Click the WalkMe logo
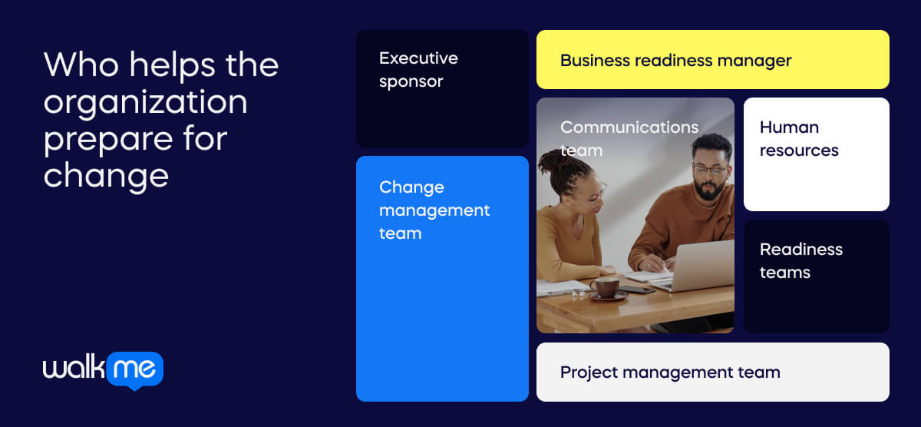tap(103, 370)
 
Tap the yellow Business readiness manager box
tap(712, 60)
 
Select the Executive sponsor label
tap(418, 69)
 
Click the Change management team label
tap(434, 210)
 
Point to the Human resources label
tap(798, 138)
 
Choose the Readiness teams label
tap(801, 260)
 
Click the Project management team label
tap(669, 372)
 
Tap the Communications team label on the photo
tap(629, 138)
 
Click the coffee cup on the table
tap(606, 288)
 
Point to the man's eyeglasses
tap(709, 169)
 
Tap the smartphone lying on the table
tap(638, 290)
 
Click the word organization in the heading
tap(145, 101)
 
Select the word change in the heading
tap(106, 175)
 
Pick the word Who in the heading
tap(79, 65)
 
